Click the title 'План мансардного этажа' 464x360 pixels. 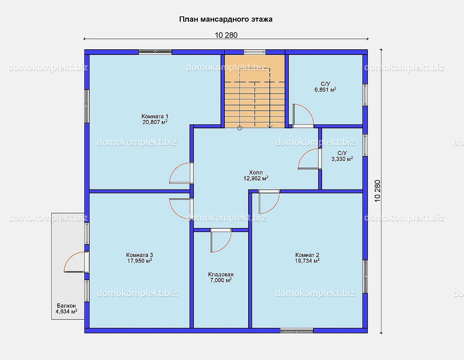point(226,19)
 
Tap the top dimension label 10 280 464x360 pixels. point(226,35)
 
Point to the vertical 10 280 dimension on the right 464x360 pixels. point(377,191)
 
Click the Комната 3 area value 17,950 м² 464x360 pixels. point(140,261)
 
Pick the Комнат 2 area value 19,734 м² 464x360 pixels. point(307,261)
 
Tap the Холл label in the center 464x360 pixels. point(256,172)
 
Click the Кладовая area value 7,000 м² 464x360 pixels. point(221,280)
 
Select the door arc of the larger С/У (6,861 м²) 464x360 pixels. point(308,109)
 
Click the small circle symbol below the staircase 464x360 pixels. point(239,128)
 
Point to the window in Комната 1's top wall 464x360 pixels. point(155,52)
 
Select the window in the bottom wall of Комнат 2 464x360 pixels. point(296,331)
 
